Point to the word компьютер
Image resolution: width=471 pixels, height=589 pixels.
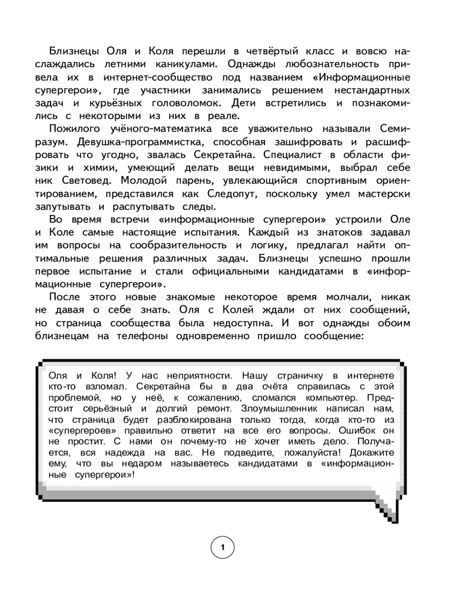[x=321, y=397]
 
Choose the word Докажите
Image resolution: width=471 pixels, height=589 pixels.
[x=372, y=453]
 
